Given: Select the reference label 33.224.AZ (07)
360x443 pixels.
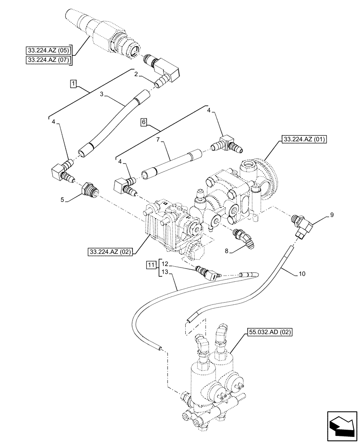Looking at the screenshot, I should click(49, 60).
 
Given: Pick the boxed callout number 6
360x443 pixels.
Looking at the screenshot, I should click(143, 121).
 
